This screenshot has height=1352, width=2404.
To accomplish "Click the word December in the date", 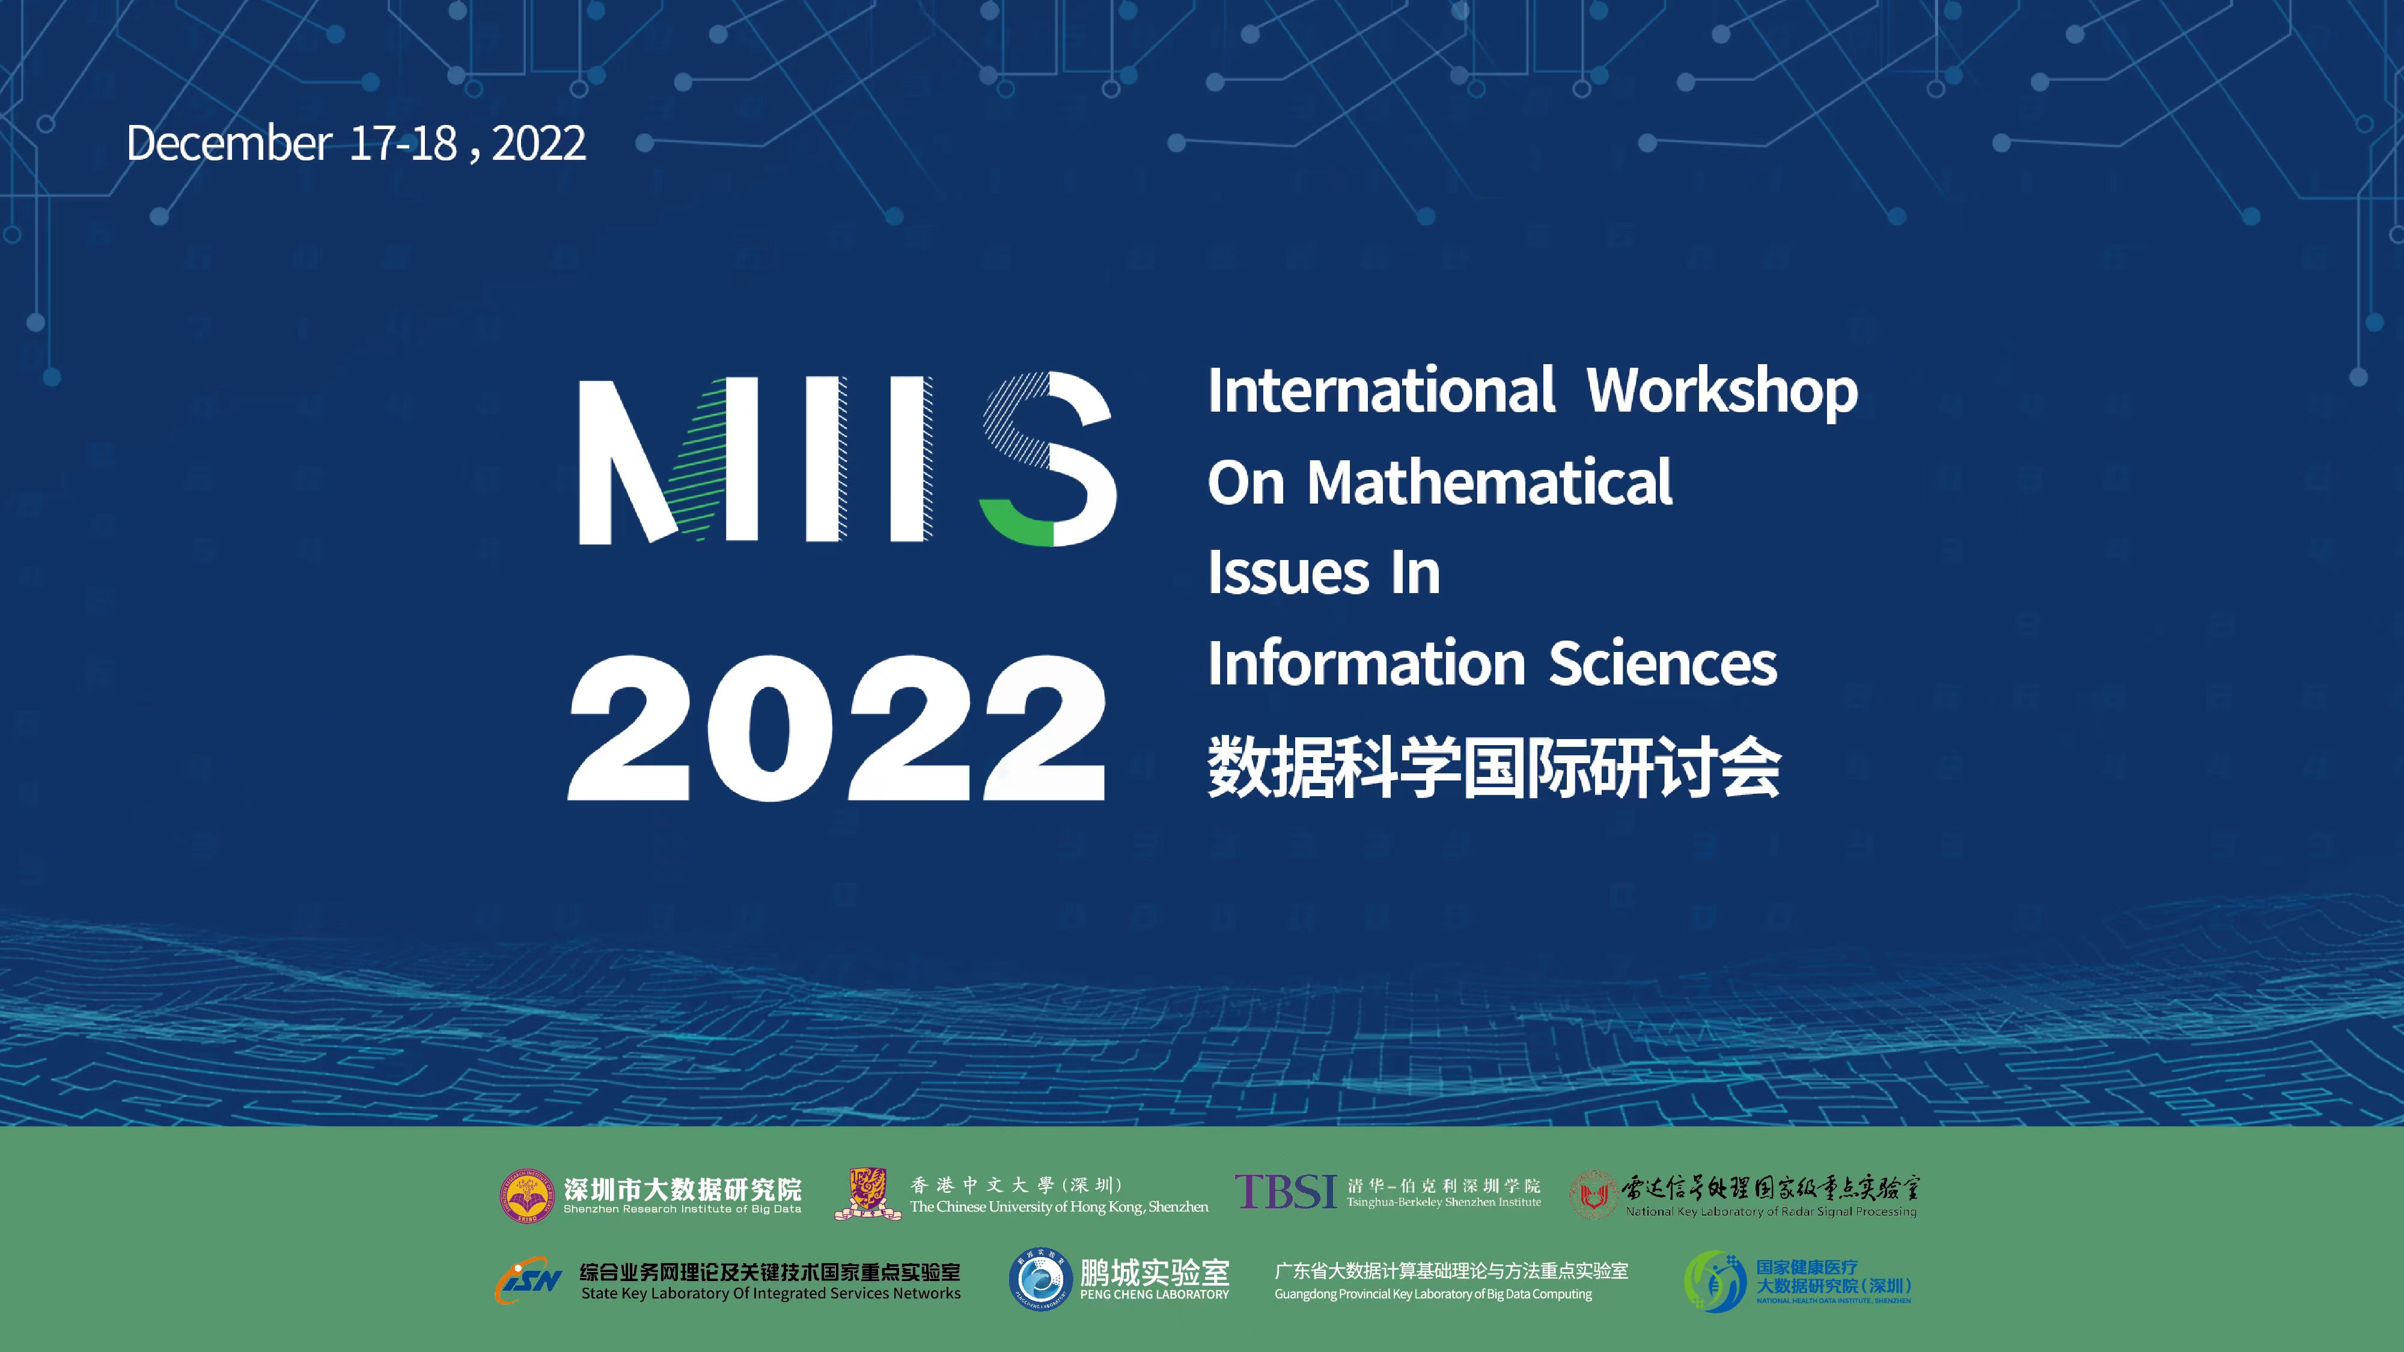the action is pyautogui.click(x=228, y=144).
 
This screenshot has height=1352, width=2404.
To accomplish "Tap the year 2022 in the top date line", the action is pyautogui.click(x=538, y=144).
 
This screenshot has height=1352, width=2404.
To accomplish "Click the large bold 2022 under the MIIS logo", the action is pyautogui.click(x=837, y=728).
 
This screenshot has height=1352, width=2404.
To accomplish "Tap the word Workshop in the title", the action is pyautogui.click(x=1722, y=392).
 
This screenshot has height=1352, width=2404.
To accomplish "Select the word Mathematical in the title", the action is pyautogui.click(x=1489, y=483).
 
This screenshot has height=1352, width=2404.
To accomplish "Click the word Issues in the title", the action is pyautogui.click(x=1288, y=572).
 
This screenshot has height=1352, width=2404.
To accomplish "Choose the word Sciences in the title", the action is pyautogui.click(x=1663, y=663).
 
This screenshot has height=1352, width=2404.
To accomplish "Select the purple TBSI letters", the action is pyautogui.click(x=1286, y=1192).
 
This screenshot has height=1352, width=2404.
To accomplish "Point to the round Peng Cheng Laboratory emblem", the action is pyautogui.click(x=1040, y=1279).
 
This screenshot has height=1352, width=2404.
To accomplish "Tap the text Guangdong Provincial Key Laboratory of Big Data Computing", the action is pyautogui.click(x=1433, y=1294).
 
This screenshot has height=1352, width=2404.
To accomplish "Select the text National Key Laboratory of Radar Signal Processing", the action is pyautogui.click(x=1771, y=1211).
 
